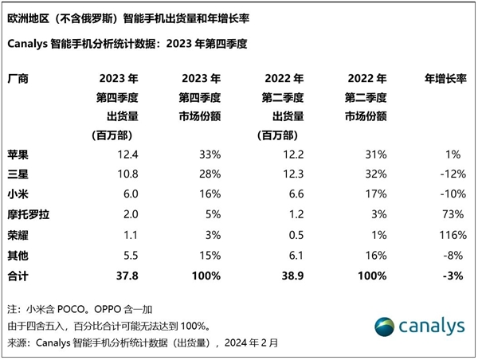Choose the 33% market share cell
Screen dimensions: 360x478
click(x=210, y=153)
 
